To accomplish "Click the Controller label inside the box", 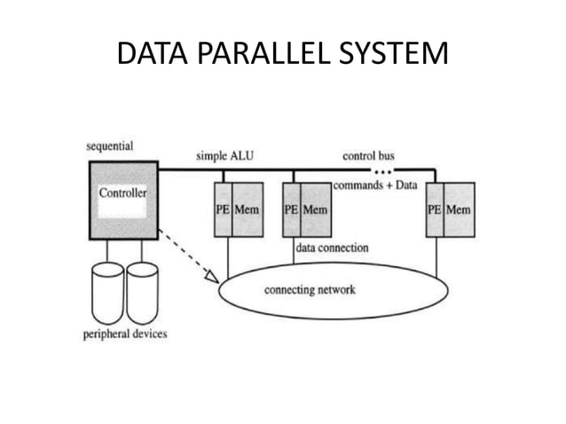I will point(122,192).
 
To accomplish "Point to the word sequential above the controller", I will point(109,146).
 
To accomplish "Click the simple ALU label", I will point(224,156).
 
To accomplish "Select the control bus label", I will point(368,156).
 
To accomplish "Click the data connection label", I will point(332,248).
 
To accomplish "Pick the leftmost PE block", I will point(223,210).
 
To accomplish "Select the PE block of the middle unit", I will point(290,210).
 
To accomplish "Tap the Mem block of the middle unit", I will point(314,210).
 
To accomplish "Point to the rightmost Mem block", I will point(459,210).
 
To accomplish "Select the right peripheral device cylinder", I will point(142,293).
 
